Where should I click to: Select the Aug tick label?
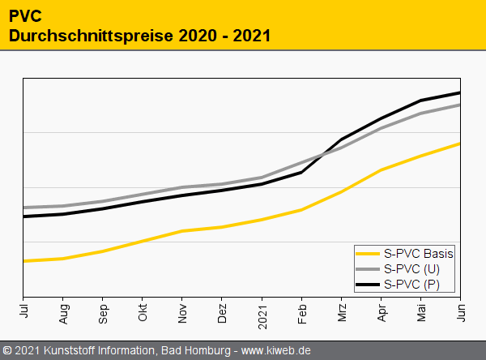click(x=63, y=311)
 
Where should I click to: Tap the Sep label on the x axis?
click(x=103, y=311)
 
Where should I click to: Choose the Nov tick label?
click(x=182, y=311)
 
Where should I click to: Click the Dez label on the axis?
click(x=222, y=311)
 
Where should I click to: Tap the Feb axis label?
click(x=301, y=311)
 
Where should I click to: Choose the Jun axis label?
click(x=460, y=310)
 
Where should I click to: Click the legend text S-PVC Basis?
click(x=418, y=254)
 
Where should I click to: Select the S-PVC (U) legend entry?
click(x=411, y=268)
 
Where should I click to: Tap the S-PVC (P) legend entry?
click(x=411, y=284)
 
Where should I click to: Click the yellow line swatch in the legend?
click(x=369, y=254)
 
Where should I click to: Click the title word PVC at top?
click(x=25, y=15)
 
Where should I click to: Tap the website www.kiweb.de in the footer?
click(x=276, y=351)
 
